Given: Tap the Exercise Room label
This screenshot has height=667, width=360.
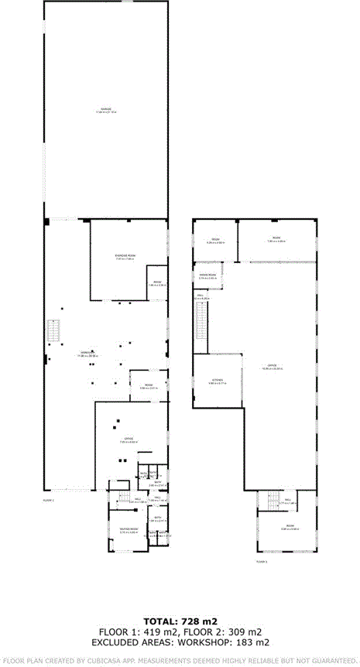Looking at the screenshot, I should point(125,257).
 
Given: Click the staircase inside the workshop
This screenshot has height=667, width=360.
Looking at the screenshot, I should point(53,333).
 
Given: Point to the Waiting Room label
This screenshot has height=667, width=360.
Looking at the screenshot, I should point(128,530).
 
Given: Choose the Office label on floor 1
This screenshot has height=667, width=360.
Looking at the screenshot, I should point(129,440).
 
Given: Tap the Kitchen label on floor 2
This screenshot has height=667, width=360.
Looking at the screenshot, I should point(218,381).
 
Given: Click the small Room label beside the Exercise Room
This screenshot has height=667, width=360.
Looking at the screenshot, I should point(156,283).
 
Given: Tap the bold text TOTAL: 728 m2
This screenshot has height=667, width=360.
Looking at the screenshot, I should point(180,621).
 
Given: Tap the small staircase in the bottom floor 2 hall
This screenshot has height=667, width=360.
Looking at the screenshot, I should point(273,500).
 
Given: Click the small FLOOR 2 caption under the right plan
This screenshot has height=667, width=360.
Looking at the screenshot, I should point(261,561).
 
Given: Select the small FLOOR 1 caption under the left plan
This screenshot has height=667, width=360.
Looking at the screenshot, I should point(48,500).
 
